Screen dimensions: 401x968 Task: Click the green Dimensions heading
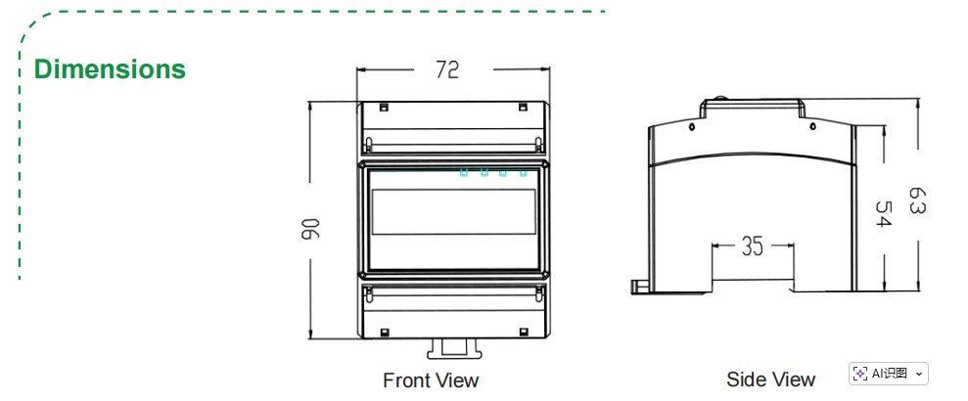click(x=110, y=69)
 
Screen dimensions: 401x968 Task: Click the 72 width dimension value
click(x=447, y=69)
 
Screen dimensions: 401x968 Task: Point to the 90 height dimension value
click(x=311, y=230)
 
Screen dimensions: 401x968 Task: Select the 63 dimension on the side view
click(x=917, y=201)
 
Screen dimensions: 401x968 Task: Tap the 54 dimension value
click(x=884, y=215)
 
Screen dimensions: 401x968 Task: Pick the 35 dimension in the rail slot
click(x=752, y=246)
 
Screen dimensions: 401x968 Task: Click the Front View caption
click(x=431, y=379)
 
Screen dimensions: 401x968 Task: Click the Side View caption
click(x=770, y=379)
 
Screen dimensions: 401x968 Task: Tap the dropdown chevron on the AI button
click(x=918, y=374)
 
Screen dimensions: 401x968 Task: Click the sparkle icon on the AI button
click(x=859, y=374)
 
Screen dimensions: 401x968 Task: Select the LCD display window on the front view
click(x=453, y=211)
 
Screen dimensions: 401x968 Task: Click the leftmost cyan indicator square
click(x=464, y=173)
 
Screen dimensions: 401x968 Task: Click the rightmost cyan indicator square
click(x=524, y=173)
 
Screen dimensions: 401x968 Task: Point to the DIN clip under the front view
click(x=452, y=346)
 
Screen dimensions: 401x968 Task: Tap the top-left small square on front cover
click(x=384, y=107)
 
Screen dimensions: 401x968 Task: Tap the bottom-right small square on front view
click(x=523, y=331)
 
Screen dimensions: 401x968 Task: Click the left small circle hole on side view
click(x=691, y=127)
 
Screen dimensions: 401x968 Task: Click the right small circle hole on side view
click(x=810, y=126)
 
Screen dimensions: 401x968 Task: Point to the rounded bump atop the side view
click(x=720, y=99)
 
